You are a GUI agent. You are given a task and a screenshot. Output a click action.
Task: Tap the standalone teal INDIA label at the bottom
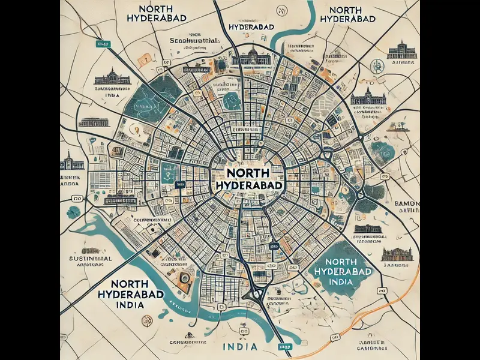click(x=240, y=347)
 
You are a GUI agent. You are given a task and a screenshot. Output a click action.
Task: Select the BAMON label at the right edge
click(x=406, y=205)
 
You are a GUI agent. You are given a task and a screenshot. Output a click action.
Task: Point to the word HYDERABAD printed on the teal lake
click(x=343, y=272)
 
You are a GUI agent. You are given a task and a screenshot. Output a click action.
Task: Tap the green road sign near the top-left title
click(x=103, y=44)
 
